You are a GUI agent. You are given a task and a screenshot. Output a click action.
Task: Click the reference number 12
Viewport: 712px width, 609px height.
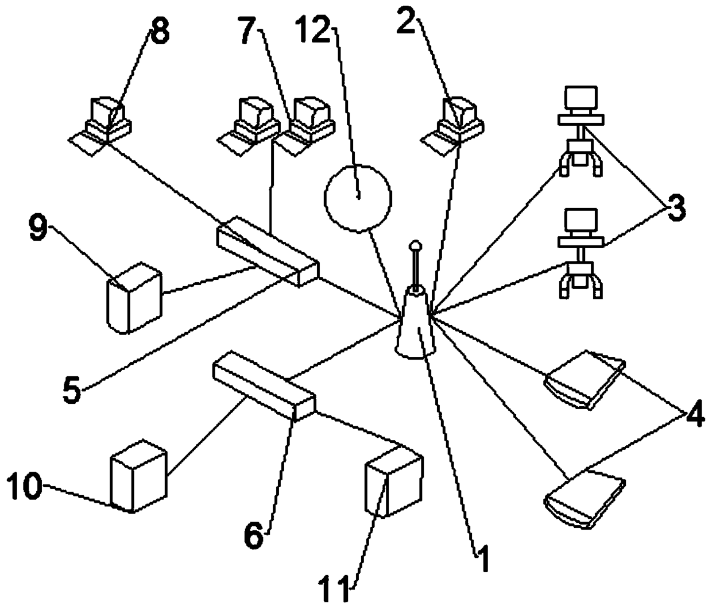tap(314, 28)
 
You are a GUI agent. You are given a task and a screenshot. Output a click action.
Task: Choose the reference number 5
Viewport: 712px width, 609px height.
tap(72, 390)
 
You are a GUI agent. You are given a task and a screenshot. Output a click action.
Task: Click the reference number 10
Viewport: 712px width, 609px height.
tap(24, 487)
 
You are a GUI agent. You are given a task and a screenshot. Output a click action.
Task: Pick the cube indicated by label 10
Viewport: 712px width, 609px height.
tap(138, 476)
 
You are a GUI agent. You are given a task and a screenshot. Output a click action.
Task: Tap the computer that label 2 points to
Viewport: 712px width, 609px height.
tap(459, 119)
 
